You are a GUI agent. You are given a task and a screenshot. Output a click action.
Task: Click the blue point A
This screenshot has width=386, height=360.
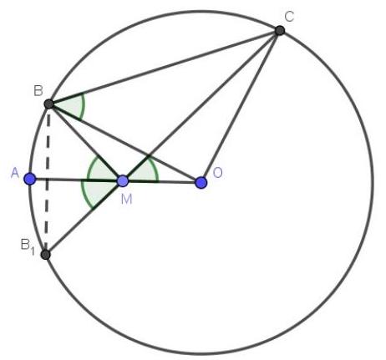tap(30, 179)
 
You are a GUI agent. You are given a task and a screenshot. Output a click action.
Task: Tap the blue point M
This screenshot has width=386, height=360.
tap(123, 181)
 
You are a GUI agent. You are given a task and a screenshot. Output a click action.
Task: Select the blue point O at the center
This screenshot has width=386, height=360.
tap(201, 183)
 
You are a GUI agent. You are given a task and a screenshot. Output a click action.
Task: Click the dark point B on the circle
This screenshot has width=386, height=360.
tap(48, 104)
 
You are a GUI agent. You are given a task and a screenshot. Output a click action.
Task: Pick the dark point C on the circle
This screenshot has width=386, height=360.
tap(280, 30)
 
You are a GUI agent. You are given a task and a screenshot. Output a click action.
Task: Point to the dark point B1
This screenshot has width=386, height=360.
tap(45, 255)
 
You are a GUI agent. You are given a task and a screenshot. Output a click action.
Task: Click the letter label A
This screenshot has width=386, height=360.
tap(15, 174)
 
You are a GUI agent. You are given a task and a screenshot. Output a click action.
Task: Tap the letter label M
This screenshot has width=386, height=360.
tap(127, 200)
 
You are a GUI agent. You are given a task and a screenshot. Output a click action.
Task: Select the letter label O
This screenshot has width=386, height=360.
tap(217, 173)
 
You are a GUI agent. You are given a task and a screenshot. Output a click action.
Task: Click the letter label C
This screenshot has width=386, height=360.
tap(289, 17)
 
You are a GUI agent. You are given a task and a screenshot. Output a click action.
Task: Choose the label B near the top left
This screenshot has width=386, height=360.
tap(38, 91)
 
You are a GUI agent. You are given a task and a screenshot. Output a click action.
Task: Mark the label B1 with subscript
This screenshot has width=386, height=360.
tap(28, 246)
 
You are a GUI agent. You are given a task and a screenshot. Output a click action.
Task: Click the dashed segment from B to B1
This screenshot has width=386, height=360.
tap(48, 180)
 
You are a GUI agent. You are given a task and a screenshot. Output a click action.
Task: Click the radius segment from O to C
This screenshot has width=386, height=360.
tap(241, 106)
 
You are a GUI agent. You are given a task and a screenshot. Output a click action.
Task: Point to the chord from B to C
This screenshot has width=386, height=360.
tap(165, 67)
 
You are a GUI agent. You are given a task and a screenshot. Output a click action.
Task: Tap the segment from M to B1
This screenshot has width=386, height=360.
tap(84, 218)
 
